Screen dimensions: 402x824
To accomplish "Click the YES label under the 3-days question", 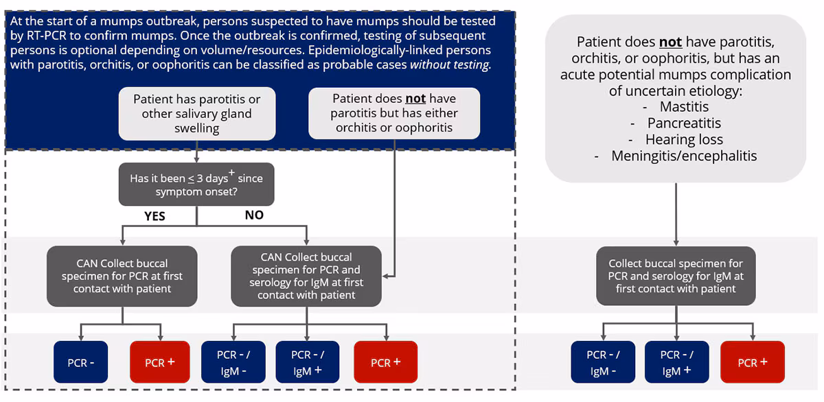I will click(x=154, y=215).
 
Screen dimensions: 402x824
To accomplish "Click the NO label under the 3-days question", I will click(x=254, y=215).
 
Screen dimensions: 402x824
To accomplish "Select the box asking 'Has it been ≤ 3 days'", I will click(x=196, y=185).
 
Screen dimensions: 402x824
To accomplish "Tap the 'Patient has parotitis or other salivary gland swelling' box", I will click(x=197, y=114).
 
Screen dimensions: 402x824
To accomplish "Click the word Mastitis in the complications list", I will click(x=684, y=107).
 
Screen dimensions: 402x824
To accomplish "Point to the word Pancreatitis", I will click(x=684, y=123).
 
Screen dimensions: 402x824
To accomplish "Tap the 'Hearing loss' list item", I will click(x=684, y=140).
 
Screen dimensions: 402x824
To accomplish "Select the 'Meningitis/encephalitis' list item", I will click(x=684, y=156).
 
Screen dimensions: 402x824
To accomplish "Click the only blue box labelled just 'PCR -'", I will click(x=80, y=362).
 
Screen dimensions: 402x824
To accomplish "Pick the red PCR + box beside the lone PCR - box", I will click(x=159, y=362).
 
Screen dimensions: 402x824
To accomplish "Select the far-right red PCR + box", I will click(x=752, y=362).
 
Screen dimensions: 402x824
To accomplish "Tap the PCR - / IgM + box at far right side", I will click(x=676, y=362).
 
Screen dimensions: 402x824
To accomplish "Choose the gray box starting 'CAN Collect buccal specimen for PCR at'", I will click(x=122, y=276).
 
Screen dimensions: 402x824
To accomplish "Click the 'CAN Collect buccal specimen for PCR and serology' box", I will click(x=306, y=276).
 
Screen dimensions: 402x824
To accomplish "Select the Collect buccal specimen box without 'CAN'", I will click(x=676, y=276).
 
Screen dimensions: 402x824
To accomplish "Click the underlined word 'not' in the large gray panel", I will click(x=669, y=43).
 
